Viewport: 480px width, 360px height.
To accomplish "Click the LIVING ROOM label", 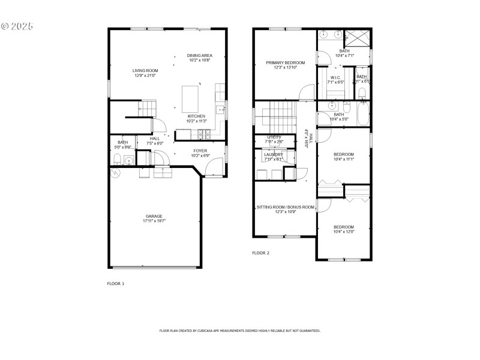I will (x=145, y=70).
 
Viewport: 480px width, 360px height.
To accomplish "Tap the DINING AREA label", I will (x=200, y=55).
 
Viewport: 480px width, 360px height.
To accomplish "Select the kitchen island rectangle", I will (x=190, y=96).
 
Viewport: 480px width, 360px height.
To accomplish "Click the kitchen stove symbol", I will (x=206, y=133).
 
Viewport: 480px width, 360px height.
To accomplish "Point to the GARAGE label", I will (x=154, y=216).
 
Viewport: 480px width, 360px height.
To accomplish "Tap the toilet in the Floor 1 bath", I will (x=118, y=159).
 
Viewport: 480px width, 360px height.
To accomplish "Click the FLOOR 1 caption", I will (x=115, y=283).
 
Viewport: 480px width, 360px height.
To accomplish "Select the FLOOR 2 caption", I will (x=260, y=253).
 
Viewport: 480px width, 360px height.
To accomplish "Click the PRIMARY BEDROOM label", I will (x=286, y=63).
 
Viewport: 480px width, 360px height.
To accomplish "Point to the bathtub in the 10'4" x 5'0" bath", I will (x=363, y=115).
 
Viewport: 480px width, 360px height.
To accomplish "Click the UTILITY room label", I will (x=274, y=137).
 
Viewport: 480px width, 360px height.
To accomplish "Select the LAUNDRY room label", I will (x=274, y=155).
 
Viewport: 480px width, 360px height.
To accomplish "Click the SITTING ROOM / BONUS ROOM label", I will (x=286, y=207).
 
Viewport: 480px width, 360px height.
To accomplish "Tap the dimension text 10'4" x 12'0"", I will (x=344, y=232).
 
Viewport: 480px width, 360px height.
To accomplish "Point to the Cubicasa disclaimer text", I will (x=239, y=331).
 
